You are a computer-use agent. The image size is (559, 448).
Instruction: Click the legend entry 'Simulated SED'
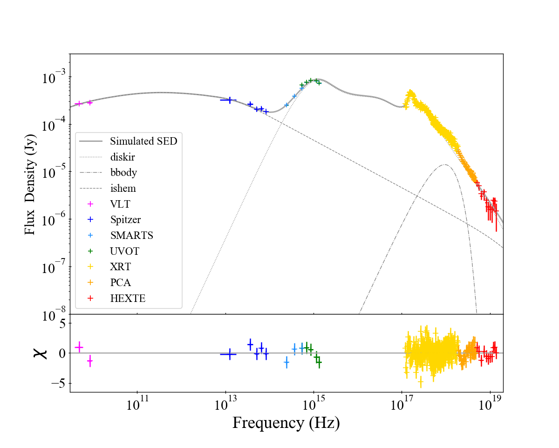coord(143,141)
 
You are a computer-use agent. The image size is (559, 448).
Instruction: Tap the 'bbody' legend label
coord(123,173)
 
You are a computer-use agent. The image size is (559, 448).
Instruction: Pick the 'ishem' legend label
coord(123,188)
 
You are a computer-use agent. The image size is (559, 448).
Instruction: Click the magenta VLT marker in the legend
coord(90,204)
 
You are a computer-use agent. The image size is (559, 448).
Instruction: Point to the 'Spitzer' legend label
coord(125,220)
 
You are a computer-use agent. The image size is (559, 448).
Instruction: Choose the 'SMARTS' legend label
coord(132,235)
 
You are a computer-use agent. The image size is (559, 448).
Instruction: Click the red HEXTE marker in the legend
coord(90,298)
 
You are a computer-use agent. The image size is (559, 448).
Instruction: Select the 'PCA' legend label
coord(121,282)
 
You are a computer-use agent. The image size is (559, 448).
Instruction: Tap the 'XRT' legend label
coord(121,266)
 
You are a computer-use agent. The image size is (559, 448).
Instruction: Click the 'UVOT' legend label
coord(125,251)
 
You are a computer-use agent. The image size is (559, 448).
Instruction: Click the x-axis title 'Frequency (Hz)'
coord(286,422)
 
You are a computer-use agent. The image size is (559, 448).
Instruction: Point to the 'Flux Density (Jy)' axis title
coord(30,184)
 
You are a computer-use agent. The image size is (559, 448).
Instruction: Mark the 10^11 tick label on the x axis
coord(137,404)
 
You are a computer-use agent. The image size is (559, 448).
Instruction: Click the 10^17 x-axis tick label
coord(402,404)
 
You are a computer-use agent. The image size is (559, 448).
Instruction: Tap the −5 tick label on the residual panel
coord(58,384)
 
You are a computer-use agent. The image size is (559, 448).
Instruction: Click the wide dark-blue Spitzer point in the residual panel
coord(228,354)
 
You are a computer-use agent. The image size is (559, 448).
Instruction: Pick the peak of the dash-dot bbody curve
coord(445,165)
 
